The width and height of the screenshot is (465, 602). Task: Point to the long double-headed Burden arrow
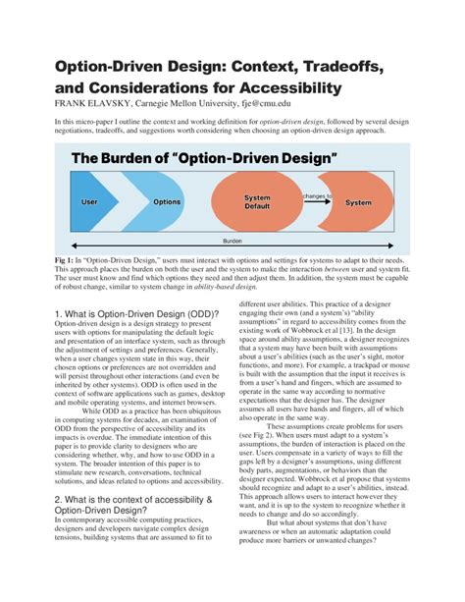click(232, 233)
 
